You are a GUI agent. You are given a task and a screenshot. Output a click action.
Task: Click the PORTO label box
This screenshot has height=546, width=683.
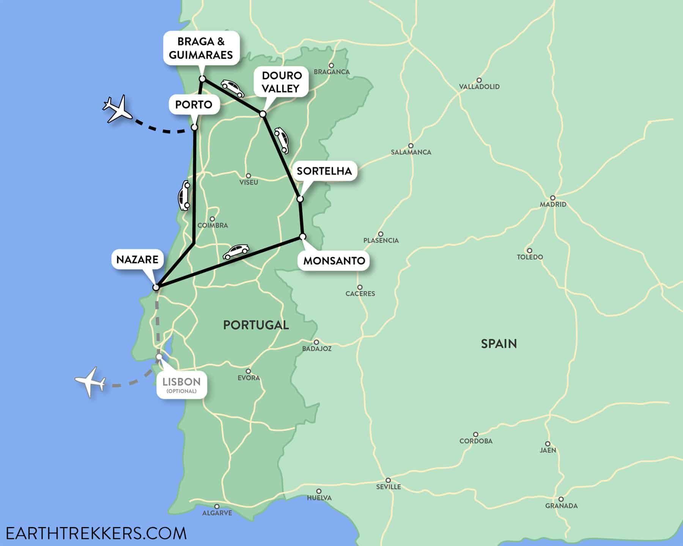(x=194, y=104)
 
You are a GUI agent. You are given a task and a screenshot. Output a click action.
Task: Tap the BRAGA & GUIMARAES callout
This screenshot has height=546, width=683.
(x=201, y=48)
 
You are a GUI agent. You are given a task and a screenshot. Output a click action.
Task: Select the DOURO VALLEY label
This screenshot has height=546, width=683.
(x=281, y=82)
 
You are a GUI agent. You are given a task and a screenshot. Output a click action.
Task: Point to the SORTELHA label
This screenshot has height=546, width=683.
(x=324, y=171)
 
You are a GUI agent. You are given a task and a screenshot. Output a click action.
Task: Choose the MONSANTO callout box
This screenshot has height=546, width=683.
(x=334, y=260)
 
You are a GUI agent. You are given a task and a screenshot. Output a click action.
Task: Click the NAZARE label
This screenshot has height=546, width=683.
(x=137, y=259)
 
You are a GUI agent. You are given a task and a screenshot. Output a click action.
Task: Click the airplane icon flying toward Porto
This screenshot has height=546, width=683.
(x=117, y=109)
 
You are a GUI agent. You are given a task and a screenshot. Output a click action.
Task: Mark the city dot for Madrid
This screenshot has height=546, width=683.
(x=553, y=198)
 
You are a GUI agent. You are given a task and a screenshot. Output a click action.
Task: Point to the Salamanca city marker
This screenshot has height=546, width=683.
(x=411, y=146)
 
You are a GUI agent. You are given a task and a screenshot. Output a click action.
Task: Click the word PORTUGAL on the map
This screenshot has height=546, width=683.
(x=256, y=325)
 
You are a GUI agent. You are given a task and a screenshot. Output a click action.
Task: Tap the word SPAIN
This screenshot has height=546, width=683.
(x=499, y=344)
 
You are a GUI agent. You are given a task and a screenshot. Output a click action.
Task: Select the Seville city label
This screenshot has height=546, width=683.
(x=388, y=486)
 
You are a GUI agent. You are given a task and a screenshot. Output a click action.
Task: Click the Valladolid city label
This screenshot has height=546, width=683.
(x=479, y=86)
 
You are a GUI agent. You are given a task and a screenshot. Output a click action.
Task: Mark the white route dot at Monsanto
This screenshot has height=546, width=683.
(x=302, y=237)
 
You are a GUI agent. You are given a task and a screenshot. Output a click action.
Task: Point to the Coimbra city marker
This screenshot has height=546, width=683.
(x=212, y=219)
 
